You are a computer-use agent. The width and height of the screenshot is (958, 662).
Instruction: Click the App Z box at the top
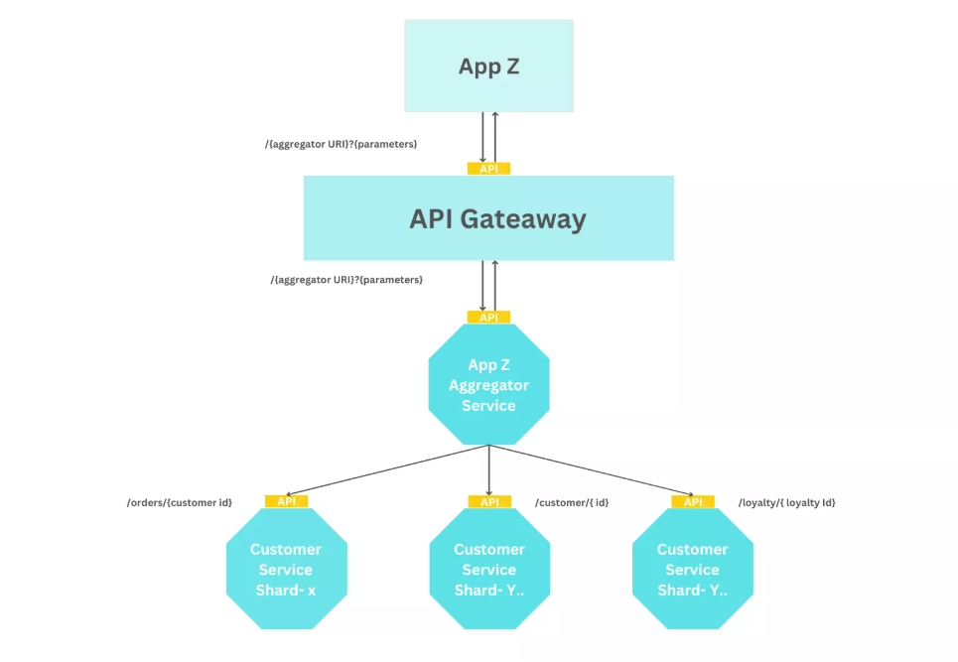tap(488, 66)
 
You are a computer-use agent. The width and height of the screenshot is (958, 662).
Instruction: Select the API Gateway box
tap(488, 218)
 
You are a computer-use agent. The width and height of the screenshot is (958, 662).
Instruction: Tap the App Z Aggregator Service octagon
tap(488, 384)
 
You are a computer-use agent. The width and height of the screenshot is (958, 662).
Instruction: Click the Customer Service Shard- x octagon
tap(286, 569)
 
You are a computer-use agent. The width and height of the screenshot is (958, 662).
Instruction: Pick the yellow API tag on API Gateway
tap(488, 169)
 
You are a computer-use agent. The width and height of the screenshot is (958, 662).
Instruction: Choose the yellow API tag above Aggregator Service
tap(488, 318)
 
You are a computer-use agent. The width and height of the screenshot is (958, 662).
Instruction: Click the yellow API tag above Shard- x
tap(286, 501)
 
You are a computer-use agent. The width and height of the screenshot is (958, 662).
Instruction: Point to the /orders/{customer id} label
tap(180, 502)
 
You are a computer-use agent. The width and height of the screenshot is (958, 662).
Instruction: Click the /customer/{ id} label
tap(572, 502)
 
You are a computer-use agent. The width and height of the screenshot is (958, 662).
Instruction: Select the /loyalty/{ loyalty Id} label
tap(787, 502)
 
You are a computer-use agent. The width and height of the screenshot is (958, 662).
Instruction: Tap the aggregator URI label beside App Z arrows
tap(341, 144)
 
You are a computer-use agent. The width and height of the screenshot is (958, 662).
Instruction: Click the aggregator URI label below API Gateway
tap(346, 280)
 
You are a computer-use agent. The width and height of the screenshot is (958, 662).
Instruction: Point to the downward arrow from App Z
tap(483, 137)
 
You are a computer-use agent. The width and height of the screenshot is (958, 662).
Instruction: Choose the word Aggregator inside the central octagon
tap(488, 385)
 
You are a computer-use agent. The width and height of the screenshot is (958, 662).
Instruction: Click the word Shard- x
tap(286, 590)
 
